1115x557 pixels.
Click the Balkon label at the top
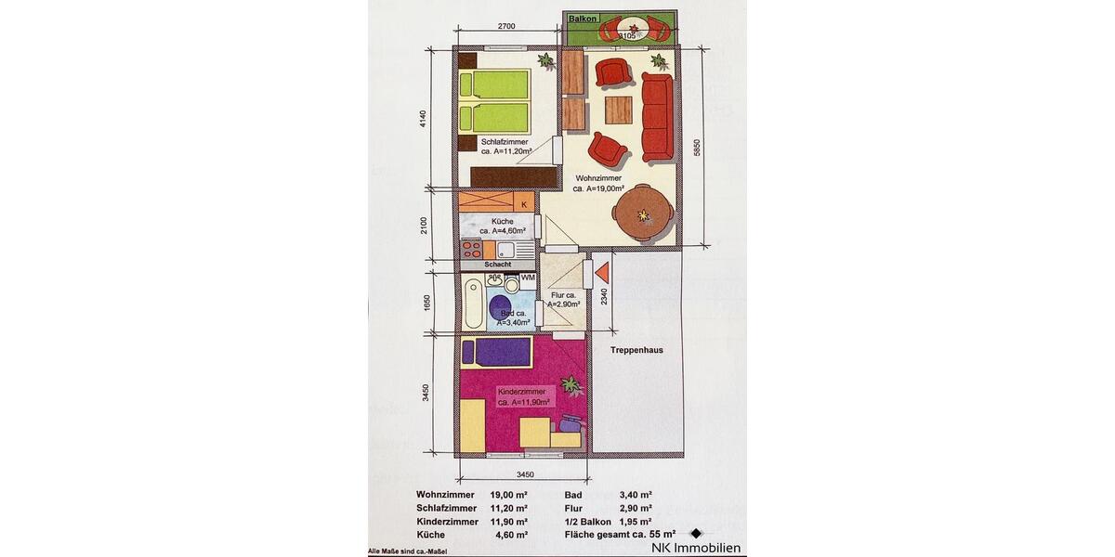coord(584,19)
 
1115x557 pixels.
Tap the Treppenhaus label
coord(636,350)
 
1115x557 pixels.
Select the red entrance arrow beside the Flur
coord(601,273)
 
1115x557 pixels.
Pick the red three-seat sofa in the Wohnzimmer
coord(657,117)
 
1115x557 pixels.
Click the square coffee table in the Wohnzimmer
coord(619,110)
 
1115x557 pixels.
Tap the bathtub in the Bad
coord(474,304)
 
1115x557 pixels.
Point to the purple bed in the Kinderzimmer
coord(497,352)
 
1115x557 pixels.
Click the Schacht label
coord(498,265)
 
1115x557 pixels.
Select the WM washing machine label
coord(527,278)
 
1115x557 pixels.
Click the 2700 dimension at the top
coord(506,27)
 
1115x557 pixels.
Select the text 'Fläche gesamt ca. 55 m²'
coord(620,535)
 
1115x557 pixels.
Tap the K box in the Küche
coord(524,203)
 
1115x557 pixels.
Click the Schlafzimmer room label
coord(505,142)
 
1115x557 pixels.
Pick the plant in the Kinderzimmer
coord(571,384)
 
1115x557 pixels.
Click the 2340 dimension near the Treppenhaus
coord(604,296)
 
